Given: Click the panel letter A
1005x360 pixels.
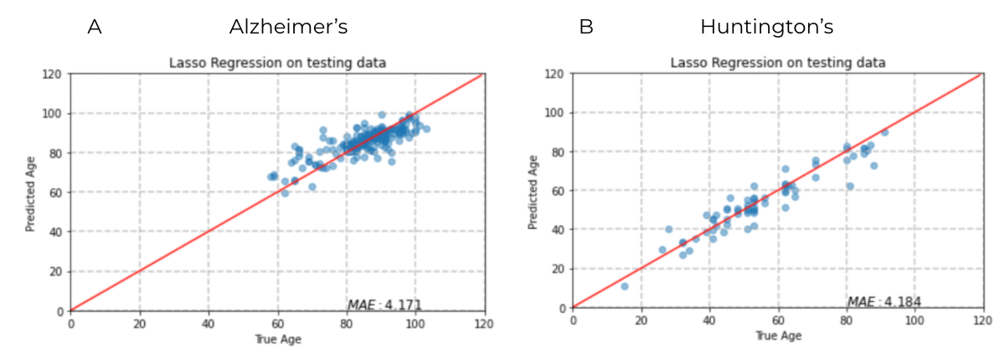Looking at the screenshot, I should click(x=95, y=28).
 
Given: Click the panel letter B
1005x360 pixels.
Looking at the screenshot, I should click(x=586, y=28).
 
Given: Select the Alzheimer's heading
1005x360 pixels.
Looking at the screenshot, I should click(x=288, y=28).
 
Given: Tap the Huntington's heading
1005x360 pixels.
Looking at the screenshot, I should click(x=766, y=28).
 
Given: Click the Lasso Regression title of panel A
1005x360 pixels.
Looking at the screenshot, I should click(x=277, y=63).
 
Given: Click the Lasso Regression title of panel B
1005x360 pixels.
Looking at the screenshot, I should click(x=778, y=63).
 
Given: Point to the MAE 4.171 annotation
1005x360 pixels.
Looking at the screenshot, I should click(x=384, y=305).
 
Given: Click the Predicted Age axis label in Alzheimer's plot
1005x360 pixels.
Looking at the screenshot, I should click(x=31, y=192).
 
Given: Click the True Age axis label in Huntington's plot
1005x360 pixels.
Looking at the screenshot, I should click(x=776, y=336).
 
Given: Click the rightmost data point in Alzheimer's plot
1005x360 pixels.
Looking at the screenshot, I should click(x=425, y=129).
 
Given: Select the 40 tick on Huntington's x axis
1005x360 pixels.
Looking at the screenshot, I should click(x=709, y=321).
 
